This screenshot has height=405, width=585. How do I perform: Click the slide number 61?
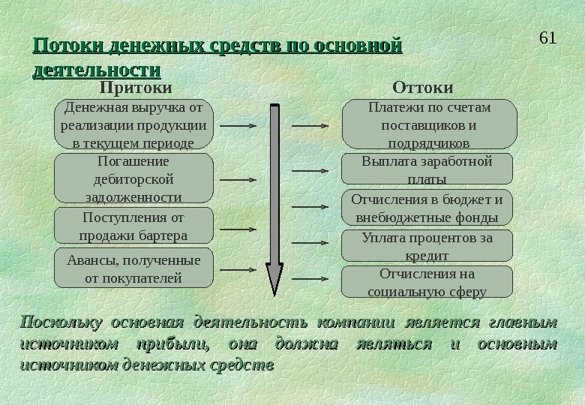[x=548, y=37]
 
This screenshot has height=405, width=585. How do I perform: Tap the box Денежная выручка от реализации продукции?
[x=134, y=125]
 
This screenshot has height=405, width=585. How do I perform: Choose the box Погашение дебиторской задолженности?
[x=134, y=179]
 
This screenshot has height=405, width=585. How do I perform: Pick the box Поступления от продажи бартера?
[x=134, y=226]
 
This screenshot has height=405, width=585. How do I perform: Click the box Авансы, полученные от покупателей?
[x=134, y=268]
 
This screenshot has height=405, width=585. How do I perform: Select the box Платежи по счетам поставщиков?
[x=430, y=124]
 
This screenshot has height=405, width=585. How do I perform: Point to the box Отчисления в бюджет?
[x=427, y=208]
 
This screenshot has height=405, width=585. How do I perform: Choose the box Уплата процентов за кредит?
[x=427, y=246]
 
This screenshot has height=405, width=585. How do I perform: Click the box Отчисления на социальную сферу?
[x=427, y=281]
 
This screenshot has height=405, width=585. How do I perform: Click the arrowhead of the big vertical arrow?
[x=274, y=278]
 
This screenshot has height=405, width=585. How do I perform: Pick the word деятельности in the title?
[x=97, y=70]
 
